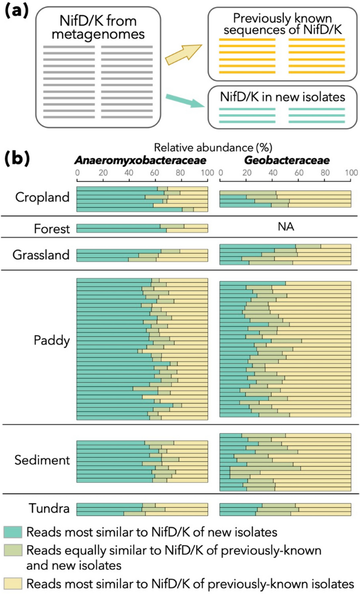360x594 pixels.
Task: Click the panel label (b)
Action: point(18,158)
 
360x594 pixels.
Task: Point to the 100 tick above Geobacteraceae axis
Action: point(351,172)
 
